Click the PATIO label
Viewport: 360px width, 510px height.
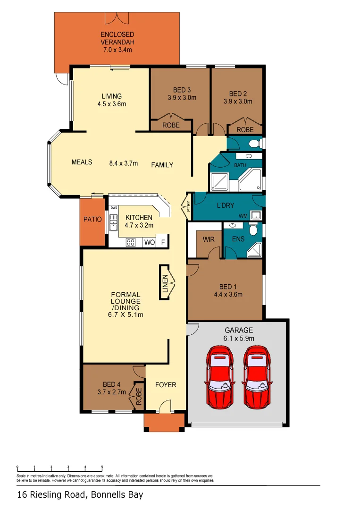(x=92, y=219)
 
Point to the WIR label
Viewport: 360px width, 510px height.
(x=209, y=239)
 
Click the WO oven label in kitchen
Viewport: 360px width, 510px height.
(x=149, y=242)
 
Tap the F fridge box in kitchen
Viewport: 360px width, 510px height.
(x=163, y=242)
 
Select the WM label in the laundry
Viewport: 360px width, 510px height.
(x=244, y=216)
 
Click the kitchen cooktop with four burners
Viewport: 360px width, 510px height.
(x=131, y=243)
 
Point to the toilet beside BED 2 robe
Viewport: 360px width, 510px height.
(x=255, y=143)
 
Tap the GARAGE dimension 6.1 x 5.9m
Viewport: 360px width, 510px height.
(x=238, y=338)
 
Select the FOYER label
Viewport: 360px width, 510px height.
(x=166, y=385)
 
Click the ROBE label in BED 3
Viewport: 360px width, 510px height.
(x=170, y=126)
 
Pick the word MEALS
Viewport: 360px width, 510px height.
(x=82, y=162)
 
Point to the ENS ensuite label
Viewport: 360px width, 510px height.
(x=238, y=239)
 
